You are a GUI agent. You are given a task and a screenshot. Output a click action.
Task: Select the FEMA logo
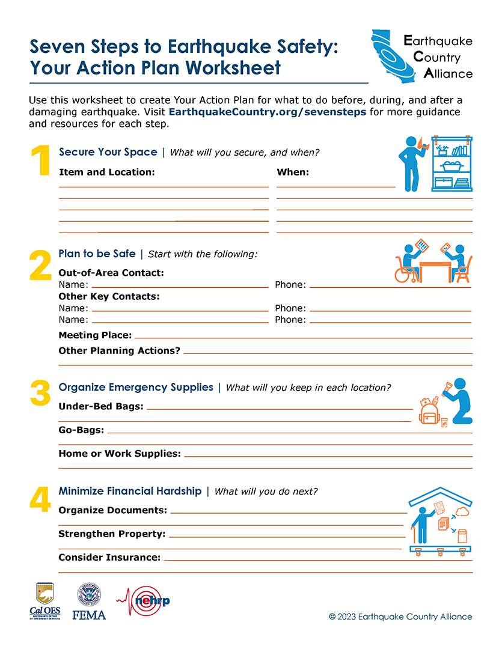point(89,602)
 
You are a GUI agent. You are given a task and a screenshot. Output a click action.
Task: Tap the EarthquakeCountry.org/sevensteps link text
point(267,112)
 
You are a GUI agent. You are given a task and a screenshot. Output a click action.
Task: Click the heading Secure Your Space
point(108,152)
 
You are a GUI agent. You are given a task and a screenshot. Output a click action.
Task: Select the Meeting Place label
point(95,335)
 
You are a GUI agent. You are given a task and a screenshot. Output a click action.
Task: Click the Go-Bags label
point(81,430)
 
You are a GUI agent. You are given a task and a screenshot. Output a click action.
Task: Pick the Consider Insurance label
point(109,558)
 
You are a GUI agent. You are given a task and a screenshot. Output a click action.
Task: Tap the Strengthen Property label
point(112,534)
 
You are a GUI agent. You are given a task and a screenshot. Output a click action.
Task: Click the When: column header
point(293,172)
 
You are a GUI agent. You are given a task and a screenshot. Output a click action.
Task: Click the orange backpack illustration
point(429,413)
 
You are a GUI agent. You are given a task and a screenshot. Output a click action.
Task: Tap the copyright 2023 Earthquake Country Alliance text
point(400,617)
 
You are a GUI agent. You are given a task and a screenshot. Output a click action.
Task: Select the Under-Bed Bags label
point(101,407)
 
